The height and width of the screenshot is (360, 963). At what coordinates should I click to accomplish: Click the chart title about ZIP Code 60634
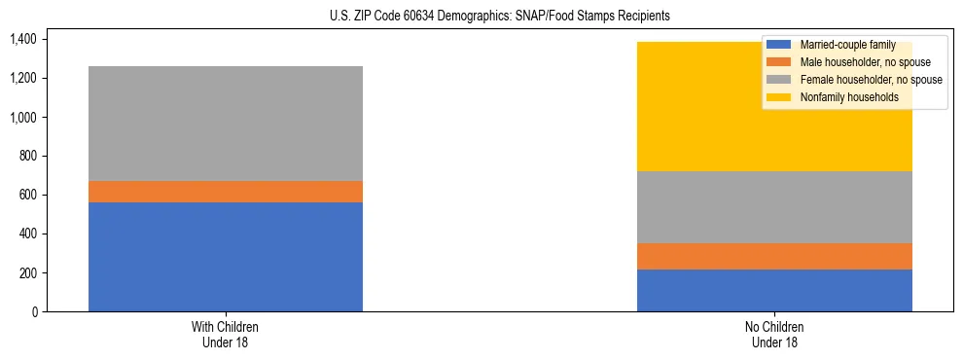pos(481,17)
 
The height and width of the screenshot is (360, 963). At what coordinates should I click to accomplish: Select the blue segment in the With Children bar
pos(226,257)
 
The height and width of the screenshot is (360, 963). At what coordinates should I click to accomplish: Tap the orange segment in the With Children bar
pos(226,192)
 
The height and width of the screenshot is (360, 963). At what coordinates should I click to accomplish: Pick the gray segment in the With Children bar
pos(226,124)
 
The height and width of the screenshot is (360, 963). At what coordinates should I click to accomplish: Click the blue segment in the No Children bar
pos(774,290)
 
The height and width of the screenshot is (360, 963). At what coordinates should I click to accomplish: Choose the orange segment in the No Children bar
pos(774,256)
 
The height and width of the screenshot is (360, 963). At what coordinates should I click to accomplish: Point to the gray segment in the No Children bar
pos(774,207)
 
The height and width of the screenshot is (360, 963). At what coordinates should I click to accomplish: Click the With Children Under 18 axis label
pos(226,334)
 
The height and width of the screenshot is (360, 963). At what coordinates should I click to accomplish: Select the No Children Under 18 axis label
pos(774,334)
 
